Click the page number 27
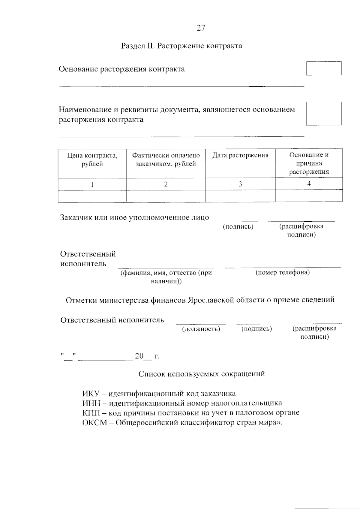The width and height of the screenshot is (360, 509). point(201,28)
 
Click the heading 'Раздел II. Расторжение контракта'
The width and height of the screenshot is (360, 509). point(181,46)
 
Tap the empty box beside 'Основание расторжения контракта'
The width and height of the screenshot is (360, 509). point(324,68)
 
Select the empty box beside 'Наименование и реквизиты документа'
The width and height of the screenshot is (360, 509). point(324,113)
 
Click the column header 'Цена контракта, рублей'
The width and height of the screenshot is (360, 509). point(92,160)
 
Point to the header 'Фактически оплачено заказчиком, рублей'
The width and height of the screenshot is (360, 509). point(166,160)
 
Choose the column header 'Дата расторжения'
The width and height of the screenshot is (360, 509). point(240,155)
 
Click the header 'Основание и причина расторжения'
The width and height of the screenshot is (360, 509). point(309,163)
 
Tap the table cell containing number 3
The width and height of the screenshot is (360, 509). point(240,184)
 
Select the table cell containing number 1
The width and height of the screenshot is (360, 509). point(92,184)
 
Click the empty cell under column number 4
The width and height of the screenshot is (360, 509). point(309,196)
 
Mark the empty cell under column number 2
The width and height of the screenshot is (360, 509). point(166,196)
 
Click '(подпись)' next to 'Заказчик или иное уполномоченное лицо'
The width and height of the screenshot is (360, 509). point(238,227)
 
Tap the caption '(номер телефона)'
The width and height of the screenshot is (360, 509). point(283,272)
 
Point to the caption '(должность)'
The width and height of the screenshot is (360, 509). point(201,329)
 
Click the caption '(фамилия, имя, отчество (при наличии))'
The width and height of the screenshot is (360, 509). point(166,277)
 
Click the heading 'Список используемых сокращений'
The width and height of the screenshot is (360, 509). point(202,374)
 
